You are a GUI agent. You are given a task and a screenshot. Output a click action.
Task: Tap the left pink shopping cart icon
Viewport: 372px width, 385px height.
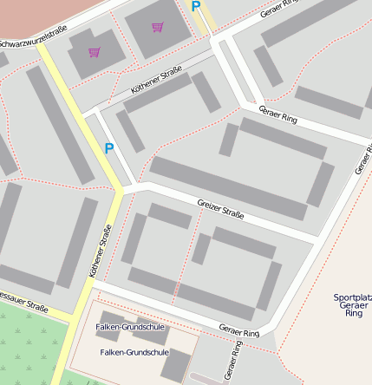[94, 52]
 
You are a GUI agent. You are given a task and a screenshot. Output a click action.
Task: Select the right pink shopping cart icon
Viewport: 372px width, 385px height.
[157, 27]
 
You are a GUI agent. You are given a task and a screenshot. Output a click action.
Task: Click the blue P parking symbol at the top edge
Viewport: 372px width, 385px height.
[195, 7]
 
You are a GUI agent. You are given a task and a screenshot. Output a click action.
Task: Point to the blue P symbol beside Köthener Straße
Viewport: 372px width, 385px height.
[108, 148]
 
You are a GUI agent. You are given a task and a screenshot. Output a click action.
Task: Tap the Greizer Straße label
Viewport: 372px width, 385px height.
[220, 208]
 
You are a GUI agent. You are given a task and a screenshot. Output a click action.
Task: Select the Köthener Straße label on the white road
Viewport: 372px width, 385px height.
[156, 80]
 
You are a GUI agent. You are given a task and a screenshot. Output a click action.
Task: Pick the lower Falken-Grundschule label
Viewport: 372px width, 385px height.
[134, 353]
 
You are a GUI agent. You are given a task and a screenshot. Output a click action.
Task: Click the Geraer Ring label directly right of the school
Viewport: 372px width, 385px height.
[239, 331]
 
